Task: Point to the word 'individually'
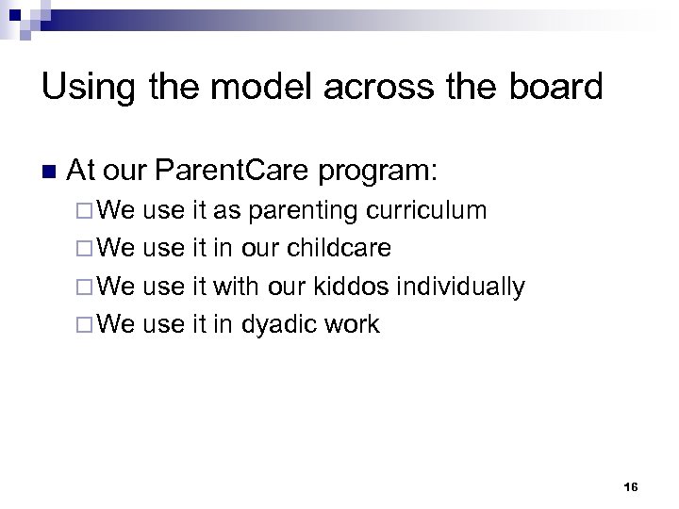point(464,287)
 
